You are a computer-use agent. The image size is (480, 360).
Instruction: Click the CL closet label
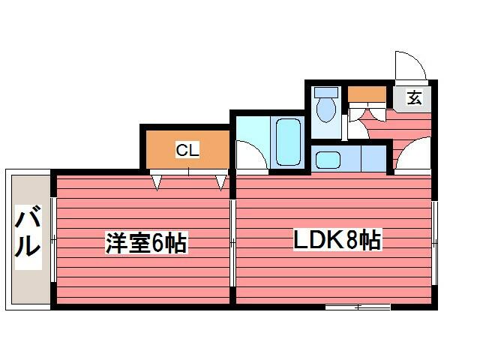[x=187, y=150]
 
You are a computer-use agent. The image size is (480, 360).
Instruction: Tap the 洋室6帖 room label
[x=145, y=242]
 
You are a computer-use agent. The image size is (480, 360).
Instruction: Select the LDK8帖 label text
[x=337, y=239]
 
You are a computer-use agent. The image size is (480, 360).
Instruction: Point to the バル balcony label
[x=28, y=231]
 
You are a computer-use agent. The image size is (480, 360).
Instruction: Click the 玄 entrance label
[x=414, y=97]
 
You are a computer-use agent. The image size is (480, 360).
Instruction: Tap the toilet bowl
[x=326, y=109]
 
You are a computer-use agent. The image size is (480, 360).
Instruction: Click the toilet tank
[x=326, y=91]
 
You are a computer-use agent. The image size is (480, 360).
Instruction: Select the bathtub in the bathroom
[x=288, y=142]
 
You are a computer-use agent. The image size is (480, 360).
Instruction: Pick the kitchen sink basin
[x=328, y=160]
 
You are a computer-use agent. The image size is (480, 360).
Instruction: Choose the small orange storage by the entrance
[x=367, y=94]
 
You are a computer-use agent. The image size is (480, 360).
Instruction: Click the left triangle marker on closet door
[x=157, y=182]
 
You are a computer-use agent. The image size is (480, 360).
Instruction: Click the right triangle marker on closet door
[x=221, y=182]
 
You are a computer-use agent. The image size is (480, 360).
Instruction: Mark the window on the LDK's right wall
[x=435, y=243]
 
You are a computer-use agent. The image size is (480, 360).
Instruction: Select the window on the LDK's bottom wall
[x=358, y=307]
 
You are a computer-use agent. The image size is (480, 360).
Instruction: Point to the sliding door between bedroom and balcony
[x=53, y=239]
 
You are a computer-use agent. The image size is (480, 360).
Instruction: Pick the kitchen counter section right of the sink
[x=373, y=158]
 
